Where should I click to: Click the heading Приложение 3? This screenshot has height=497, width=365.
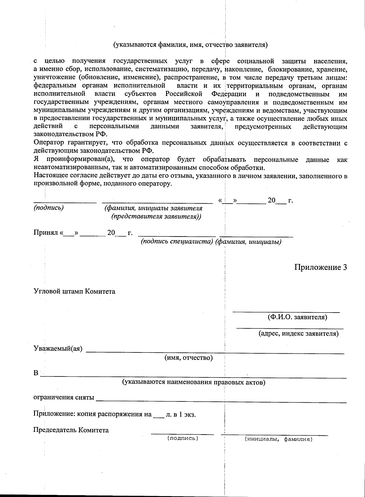coord(320,267)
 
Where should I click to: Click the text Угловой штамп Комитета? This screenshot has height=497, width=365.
coord(74,291)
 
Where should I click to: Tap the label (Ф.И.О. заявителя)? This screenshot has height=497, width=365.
coord(297,317)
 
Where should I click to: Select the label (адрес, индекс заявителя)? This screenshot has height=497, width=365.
coord(298,333)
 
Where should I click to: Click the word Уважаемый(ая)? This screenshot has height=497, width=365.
coord(58,349)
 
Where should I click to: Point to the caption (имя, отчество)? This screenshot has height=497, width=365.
coord(188,358)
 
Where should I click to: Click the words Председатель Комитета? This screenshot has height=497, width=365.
coord(71,430)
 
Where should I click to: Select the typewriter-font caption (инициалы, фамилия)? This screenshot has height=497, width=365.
coord(279,439)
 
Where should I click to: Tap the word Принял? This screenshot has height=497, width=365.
coord(46,233)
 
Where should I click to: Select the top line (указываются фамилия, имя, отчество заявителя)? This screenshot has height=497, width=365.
coord(190,45)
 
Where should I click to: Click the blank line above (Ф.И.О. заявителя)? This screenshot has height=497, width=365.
coord(286,311)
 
